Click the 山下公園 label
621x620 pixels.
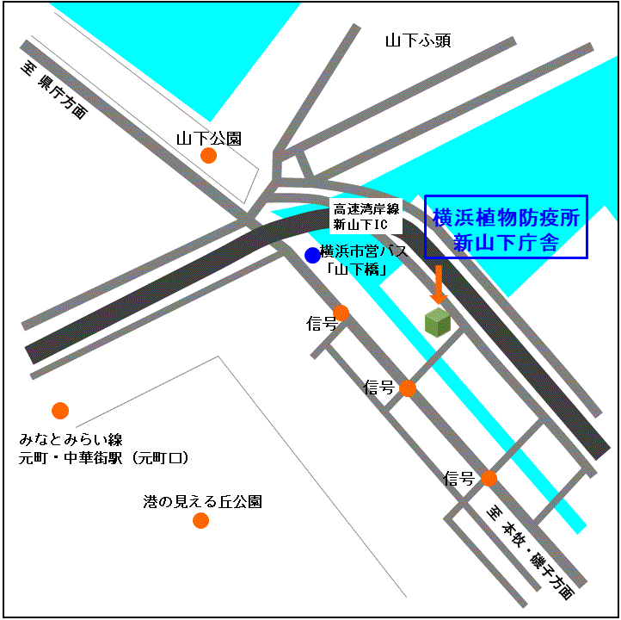(208, 138)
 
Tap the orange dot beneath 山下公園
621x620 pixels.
(208, 156)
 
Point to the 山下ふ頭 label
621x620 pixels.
(418, 40)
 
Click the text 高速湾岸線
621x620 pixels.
(366, 208)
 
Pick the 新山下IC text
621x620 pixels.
(362, 225)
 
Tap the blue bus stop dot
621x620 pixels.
(311, 255)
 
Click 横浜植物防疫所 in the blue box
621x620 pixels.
(506, 217)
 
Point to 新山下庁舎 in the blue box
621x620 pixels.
(506, 243)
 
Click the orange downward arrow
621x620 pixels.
(438, 284)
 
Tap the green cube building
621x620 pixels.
(438, 322)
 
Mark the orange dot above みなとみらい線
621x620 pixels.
(60, 411)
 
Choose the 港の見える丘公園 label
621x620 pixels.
(202, 501)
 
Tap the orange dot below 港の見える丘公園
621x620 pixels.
(201, 520)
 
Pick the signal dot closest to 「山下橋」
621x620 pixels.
(341, 313)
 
